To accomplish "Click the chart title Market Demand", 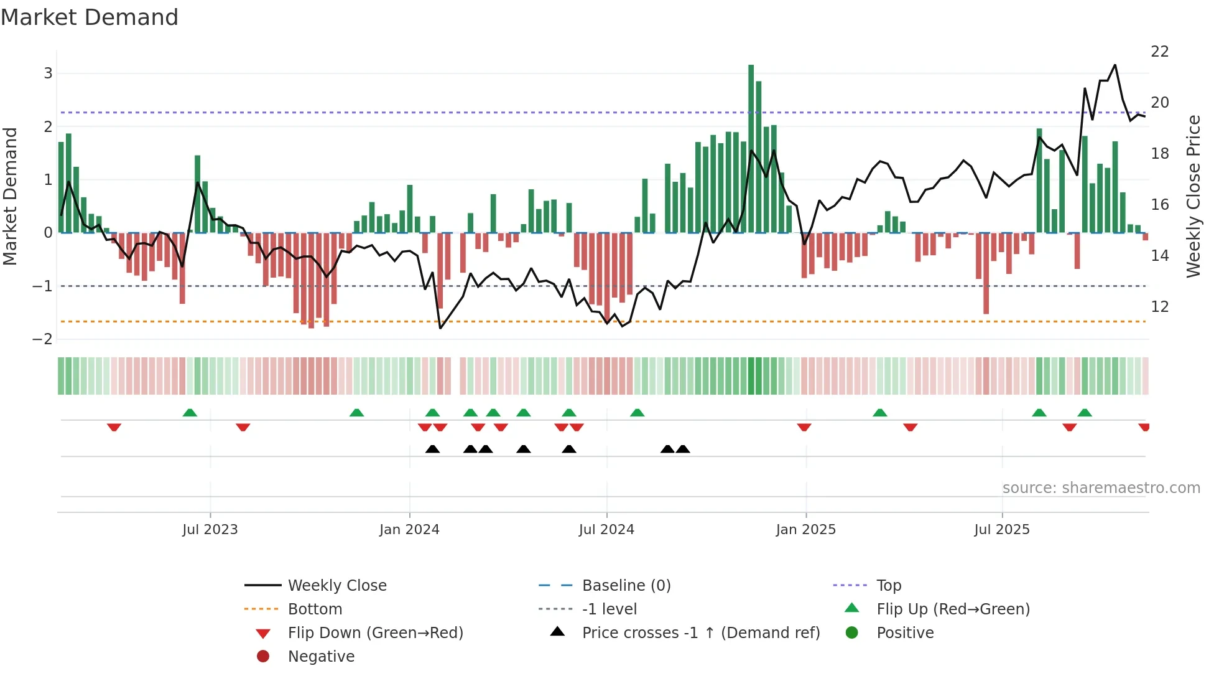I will [90, 17].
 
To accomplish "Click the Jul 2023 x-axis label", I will [210, 529].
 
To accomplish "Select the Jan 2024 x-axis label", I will [409, 529].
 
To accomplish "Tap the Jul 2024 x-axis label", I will [606, 529].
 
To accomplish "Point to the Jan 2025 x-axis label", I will [806, 529].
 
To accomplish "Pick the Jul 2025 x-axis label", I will [1002, 529].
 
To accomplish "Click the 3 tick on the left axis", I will [48, 73].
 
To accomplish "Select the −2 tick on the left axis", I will [43, 339].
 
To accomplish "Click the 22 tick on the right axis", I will [1160, 51].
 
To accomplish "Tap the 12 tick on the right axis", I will [1160, 306].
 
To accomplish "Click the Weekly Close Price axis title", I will [1193, 196].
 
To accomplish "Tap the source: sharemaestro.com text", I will [1101, 487].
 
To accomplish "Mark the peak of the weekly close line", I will [1115, 65].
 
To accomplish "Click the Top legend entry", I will [889, 585].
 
